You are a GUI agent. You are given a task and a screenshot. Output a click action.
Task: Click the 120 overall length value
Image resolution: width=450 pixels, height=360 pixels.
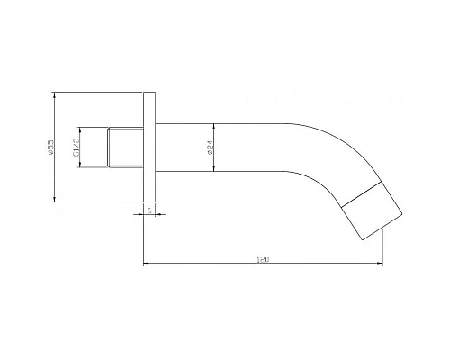pos(263,259)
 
